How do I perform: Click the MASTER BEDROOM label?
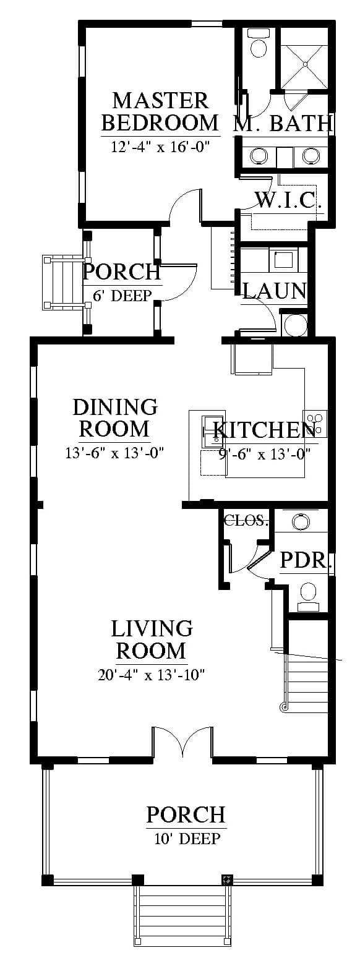point(160,112)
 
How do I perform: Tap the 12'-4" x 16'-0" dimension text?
point(160,147)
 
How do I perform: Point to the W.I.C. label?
point(289,200)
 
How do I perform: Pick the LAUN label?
point(275,291)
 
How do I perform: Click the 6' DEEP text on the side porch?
point(122,296)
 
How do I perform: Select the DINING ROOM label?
point(115,418)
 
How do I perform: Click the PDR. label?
point(307,560)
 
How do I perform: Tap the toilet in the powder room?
point(309,597)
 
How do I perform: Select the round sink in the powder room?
point(301,521)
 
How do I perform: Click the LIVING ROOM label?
point(152,639)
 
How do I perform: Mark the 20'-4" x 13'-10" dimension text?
point(150,674)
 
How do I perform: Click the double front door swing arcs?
point(182,742)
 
